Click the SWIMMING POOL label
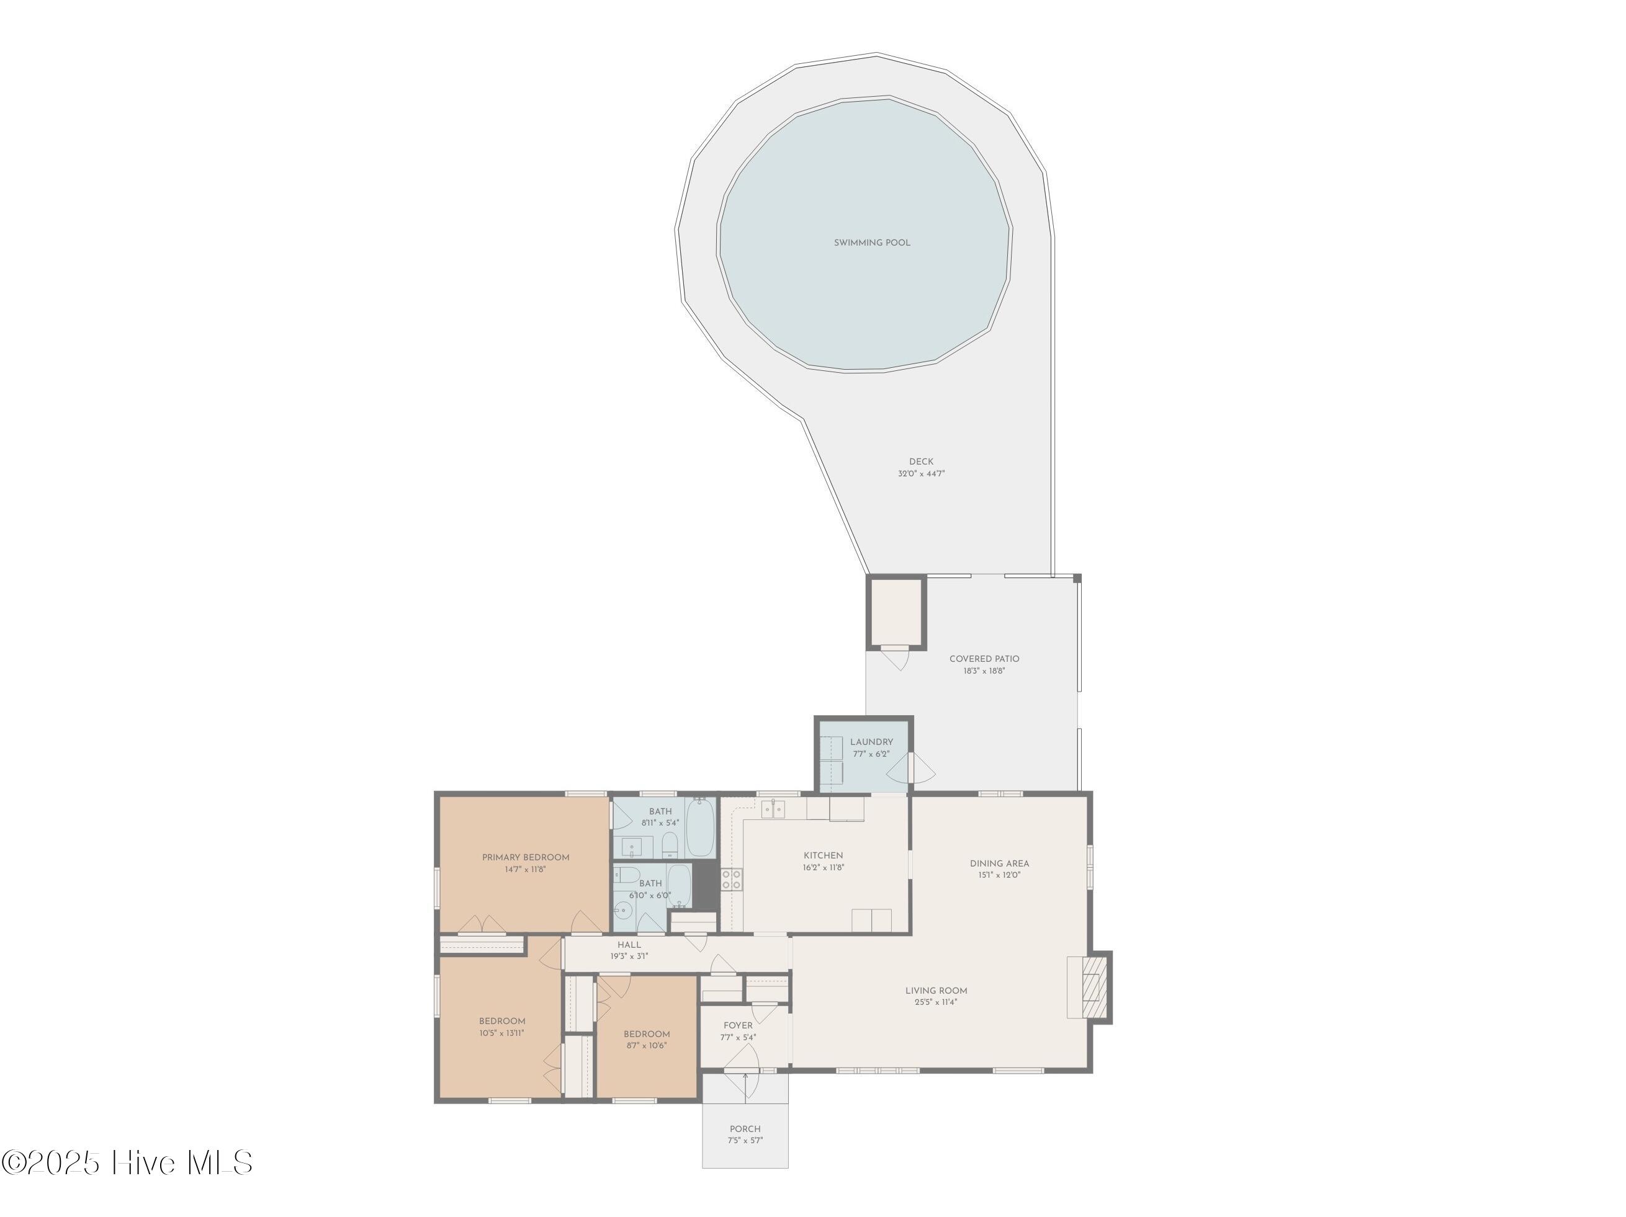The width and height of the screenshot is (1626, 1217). pos(872,243)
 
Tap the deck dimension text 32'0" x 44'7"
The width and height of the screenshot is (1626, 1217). pos(921,474)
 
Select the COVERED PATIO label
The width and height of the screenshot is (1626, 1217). pos(984,659)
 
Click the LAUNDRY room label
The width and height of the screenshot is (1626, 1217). pos(872,742)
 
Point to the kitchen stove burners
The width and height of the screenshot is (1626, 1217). pos(732,879)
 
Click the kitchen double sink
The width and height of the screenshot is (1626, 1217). pos(773,809)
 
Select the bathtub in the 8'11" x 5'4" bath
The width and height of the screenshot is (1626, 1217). pos(700,827)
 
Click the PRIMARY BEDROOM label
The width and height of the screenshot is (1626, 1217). pos(526,858)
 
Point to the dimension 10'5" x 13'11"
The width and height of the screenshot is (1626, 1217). pos(502,1033)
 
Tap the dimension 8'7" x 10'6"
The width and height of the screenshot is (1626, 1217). pos(647,1046)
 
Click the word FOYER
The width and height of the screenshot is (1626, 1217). pos(738,1026)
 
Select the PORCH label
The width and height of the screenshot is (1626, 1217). pos(745,1129)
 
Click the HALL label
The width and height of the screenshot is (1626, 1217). pos(629,945)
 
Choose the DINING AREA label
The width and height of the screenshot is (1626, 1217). pos(1000,863)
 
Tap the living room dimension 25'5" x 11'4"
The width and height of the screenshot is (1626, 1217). pos(937,1002)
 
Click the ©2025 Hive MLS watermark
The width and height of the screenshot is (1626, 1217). pos(127,1162)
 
